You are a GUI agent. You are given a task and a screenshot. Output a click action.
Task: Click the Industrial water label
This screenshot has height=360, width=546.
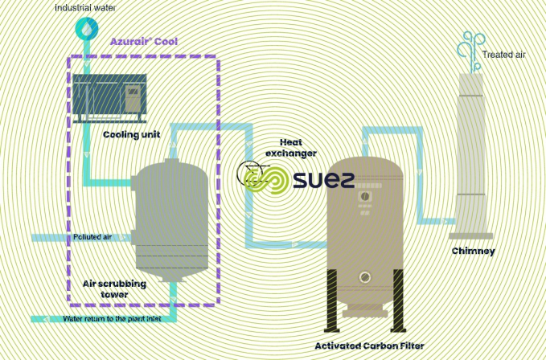pyautogui.click(x=84, y=8)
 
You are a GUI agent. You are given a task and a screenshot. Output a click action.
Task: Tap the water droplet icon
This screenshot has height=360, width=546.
pyautogui.click(x=84, y=29)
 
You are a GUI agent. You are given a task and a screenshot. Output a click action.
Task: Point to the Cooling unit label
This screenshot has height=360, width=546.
pyautogui.click(x=131, y=135)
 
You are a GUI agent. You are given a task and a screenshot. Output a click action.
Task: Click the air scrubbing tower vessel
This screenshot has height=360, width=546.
pyautogui.click(x=170, y=218)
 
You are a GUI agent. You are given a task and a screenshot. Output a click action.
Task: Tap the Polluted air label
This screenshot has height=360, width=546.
pyautogui.click(x=92, y=237)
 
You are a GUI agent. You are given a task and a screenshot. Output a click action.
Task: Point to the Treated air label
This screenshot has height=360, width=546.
pyautogui.click(x=503, y=55)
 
